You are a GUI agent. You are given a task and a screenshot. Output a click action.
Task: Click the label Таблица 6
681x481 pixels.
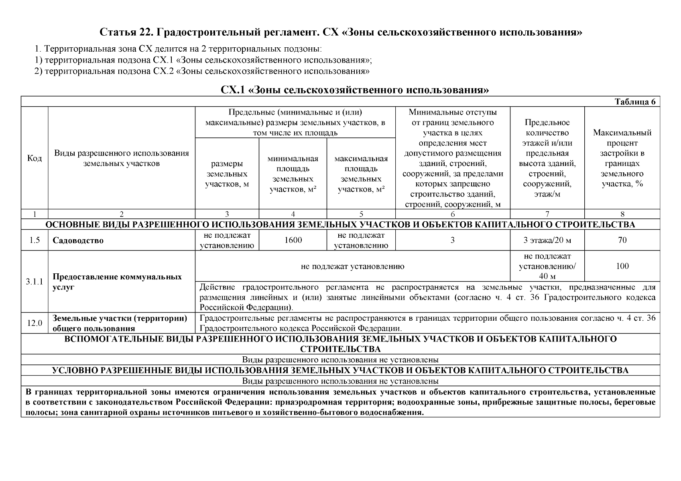pyautogui.click(x=635, y=102)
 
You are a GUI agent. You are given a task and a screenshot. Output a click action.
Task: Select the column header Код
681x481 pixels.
pyautogui.click(x=35, y=158)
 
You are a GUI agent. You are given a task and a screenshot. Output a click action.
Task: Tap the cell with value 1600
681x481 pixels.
pyautogui.click(x=293, y=240)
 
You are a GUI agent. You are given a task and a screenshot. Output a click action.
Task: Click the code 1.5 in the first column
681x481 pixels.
pyautogui.click(x=35, y=240)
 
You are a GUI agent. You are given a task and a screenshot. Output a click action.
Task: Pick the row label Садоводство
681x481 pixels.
pyautogui.click(x=78, y=240)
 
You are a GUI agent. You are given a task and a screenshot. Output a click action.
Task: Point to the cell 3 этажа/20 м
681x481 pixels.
pyautogui.click(x=547, y=240)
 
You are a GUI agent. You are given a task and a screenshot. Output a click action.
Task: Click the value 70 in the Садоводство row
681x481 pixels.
pyautogui.click(x=622, y=240)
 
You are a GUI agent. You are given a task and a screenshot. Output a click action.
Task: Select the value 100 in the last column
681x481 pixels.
pyautogui.click(x=622, y=266)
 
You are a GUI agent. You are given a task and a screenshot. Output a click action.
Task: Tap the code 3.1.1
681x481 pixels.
pyautogui.click(x=35, y=282)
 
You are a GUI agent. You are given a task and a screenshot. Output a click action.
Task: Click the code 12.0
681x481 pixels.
pyautogui.click(x=35, y=323)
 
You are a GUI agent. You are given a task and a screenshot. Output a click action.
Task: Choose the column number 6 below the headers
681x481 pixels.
pyautogui.click(x=453, y=214)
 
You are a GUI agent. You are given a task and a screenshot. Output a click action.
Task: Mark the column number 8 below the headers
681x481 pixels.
pyautogui.click(x=622, y=214)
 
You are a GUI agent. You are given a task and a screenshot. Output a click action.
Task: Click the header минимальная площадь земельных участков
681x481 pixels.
pyautogui.click(x=293, y=174)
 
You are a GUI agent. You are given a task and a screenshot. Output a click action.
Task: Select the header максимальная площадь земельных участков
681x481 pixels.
pyautogui.click(x=361, y=174)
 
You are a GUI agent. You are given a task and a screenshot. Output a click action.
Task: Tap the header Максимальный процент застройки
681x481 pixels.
pyautogui.click(x=622, y=158)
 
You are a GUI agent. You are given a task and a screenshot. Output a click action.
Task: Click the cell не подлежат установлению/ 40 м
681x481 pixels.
pyautogui.click(x=547, y=266)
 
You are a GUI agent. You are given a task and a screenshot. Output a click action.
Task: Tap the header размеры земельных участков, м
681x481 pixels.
pyautogui.click(x=227, y=174)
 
